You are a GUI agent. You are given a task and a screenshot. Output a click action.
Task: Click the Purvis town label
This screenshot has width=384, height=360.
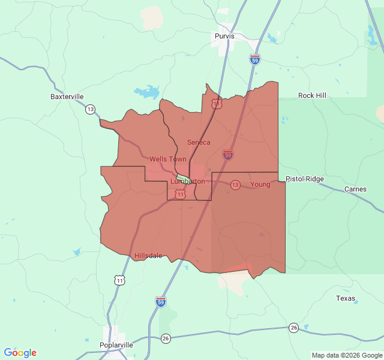(x=224, y=36)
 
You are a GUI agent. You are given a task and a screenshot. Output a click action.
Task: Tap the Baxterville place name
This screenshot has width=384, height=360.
(x=67, y=96)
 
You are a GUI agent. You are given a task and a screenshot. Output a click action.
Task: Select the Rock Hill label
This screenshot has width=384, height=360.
(x=313, y=95)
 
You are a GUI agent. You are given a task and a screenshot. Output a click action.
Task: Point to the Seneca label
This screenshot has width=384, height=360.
(x=199, y=142)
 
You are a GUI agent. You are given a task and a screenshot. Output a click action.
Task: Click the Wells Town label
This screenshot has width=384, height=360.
(x=167, y=159)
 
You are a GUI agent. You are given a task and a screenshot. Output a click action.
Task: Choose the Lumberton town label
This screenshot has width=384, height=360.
(x=188, y=181)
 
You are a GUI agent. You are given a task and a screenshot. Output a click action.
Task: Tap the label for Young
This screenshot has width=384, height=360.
(x=260, y=184)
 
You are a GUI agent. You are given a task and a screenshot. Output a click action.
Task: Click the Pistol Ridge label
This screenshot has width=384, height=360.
(x=304, y=179)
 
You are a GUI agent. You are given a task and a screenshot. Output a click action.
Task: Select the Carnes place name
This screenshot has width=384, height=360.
(x=355, y=189)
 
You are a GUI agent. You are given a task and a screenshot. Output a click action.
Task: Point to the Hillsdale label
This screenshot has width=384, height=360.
(x=148, y=255)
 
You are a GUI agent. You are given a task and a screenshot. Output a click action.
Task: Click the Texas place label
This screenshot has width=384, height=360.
(x=345, y=298)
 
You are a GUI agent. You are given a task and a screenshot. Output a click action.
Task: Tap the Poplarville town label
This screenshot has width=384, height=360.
(x=116, y=345)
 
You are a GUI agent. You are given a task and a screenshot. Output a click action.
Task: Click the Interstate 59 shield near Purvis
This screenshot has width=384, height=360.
(x=254, y=59)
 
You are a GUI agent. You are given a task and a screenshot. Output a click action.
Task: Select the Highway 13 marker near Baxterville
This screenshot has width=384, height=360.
(x=90, y=109)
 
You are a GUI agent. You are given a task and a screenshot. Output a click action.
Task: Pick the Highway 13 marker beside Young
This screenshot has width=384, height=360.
(x=235, y=184)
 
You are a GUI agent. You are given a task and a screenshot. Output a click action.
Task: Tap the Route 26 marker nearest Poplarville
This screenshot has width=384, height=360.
(x=166, y=338)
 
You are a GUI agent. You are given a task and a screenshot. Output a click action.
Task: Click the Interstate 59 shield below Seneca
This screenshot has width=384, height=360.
(x=228, y=155)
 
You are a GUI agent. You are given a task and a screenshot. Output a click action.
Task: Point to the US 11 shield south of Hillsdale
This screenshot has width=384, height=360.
(x=121, y=280)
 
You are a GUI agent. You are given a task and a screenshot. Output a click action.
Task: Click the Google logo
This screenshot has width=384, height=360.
(x=20, y=353)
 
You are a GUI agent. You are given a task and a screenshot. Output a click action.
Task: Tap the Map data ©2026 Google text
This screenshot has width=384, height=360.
(x=346, y=355)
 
